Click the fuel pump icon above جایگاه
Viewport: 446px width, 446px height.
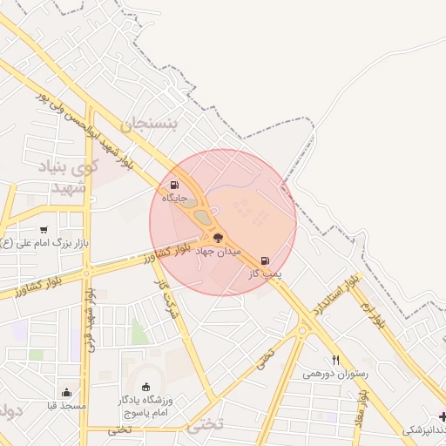[175, 185]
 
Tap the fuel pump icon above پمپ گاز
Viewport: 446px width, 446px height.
[265, 260]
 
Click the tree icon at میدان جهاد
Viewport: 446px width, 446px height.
[217, 237]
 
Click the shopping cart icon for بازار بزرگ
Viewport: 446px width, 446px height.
[43, 229]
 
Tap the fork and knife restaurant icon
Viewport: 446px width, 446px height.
[335, 360]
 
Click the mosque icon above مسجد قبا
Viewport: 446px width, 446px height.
[66, 392]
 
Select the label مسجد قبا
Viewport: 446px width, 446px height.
[66, 406]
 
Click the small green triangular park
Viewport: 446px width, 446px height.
[138, 332]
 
